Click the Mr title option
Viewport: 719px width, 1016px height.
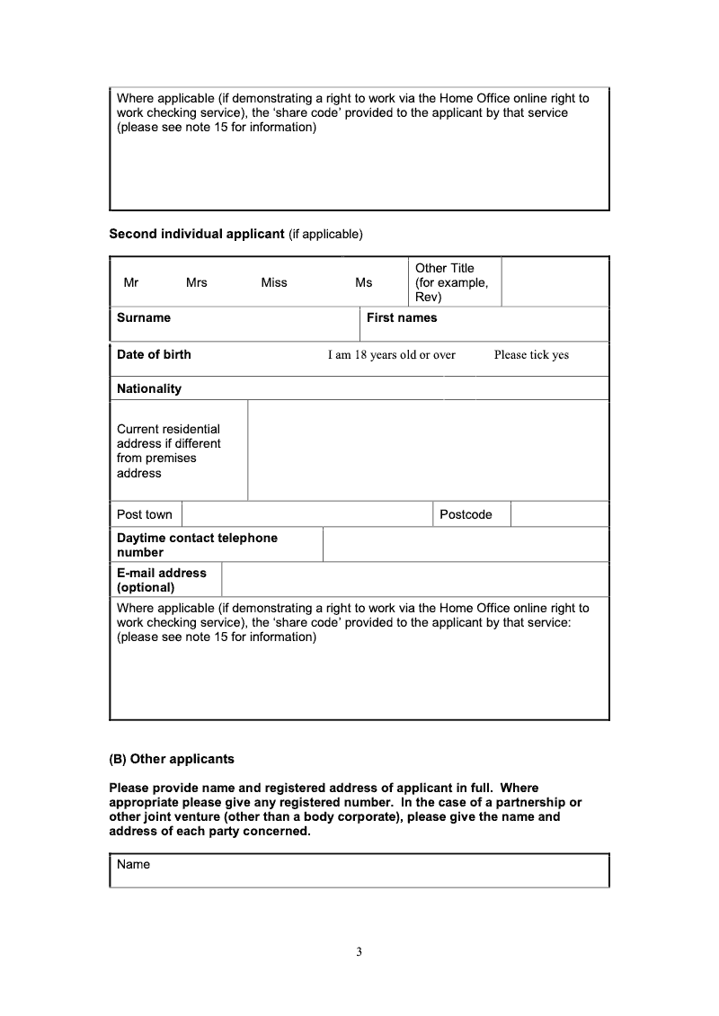click(x=131, y=282)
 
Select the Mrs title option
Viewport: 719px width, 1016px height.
click(x=196, y=282)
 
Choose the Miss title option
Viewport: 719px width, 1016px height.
click(x=274, y=282)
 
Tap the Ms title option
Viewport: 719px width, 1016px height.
click(x=363, y=282)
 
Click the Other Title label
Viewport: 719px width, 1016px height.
click(x=452, y=282)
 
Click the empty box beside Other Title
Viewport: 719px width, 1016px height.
click(x=555, y=282)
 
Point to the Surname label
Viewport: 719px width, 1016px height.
click(x=144, y=317)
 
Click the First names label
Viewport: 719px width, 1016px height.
click(x=402, y=317)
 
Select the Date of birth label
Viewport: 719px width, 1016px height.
click(x=154, y=354)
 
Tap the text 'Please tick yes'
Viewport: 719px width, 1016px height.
click(x=531, y=355)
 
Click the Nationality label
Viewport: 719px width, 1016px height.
click(x=149, y=388)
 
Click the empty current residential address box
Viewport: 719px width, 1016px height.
click(x=428, y=450)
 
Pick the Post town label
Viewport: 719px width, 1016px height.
click(x=145, y=514)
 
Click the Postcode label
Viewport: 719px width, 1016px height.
click(x=466, y=514)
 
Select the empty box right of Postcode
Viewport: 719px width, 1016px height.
click(x=559, y=514)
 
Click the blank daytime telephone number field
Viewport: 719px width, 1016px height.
click(x=465, y=545)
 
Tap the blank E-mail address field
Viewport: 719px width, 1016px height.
click(x=414, y=580)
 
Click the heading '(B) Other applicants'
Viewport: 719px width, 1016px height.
click(x=172, y=759)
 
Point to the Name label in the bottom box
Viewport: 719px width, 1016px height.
click(x=134, y=864)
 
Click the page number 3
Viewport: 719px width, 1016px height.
click(x=359, y=952)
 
